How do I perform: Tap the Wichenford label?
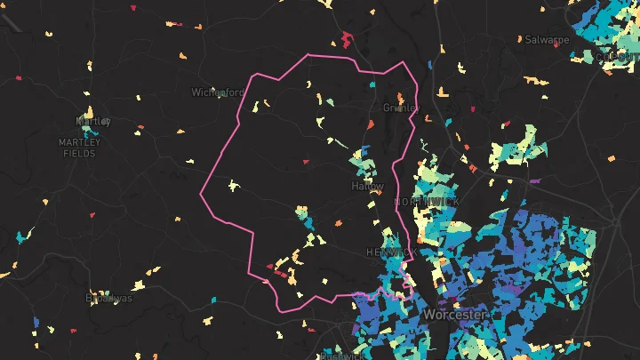click(x=217, y=92)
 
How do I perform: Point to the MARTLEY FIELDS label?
click(x=80, y=148)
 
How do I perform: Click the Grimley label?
click(x=399, y=108)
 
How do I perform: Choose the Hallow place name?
click(x=368, y=187)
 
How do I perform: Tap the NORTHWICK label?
click(x=428, y=203)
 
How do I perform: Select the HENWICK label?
click(x=390, y=253)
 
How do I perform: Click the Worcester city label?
click(x=454, y=315)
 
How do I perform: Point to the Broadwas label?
click(x=108, y=298)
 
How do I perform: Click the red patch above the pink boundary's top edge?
click(x=346, y=39)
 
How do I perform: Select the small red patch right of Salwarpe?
click(x=557, y=45)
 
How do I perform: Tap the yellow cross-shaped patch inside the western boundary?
click(x=234, y=186)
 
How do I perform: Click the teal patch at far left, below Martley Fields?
click(x=21, y=238)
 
